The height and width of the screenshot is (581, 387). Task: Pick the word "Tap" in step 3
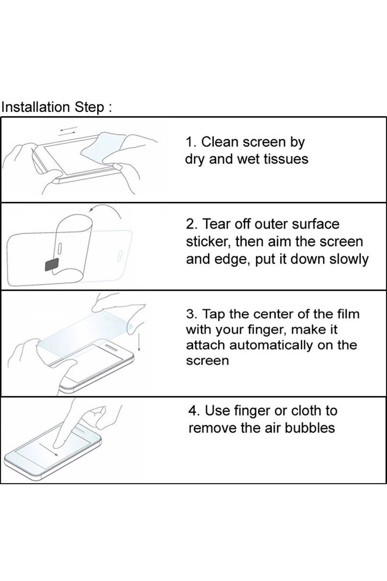(x=215, y=314)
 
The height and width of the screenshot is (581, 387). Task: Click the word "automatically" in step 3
(x=271, y=345)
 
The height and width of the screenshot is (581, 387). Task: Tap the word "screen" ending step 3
(x=207, y=361)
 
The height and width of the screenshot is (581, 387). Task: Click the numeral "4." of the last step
(x=194, y=411)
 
